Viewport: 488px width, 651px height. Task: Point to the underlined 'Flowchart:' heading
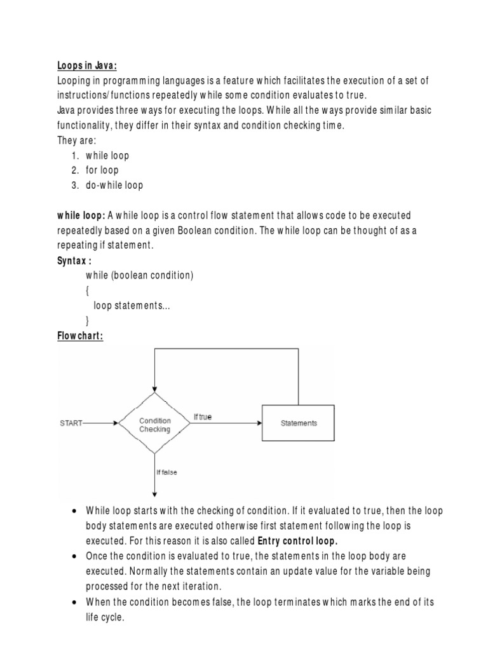(x=80, y=336)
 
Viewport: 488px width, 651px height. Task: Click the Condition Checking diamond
(x=154, y=423)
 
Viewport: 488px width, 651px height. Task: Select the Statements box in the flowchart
(x=299, y=423)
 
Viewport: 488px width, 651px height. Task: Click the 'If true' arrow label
(x=202, y=417)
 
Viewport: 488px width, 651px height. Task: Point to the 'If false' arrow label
(x=166, y=472)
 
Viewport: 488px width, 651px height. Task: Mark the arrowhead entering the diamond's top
(x=154, y=390)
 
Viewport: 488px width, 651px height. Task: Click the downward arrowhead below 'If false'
(x=154, y=495)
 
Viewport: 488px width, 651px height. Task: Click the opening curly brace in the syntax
(x=88, y=291)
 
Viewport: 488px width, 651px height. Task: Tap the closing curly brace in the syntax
(x=88, y=320)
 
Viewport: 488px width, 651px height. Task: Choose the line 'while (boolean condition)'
(x=139, y=275)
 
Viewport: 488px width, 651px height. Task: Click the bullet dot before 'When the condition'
(x=76, y=601)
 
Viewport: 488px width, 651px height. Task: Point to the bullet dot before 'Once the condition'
(x=76, y=556)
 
